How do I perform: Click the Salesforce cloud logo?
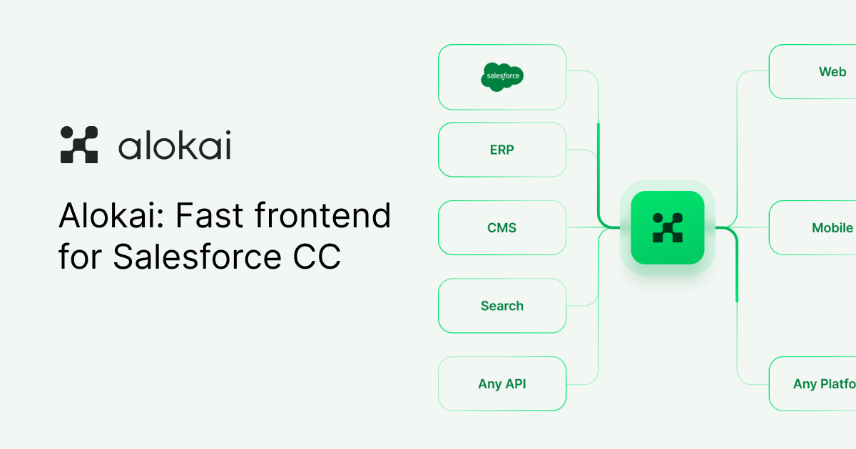502,76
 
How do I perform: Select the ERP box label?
501,150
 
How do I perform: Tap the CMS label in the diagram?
501,228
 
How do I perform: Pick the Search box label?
501,306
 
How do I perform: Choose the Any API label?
501,383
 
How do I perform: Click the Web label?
832,72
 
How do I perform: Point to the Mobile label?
832,228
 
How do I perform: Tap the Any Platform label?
825,383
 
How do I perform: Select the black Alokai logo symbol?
78,145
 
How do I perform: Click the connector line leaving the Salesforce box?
582,71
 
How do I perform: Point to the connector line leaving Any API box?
582,383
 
